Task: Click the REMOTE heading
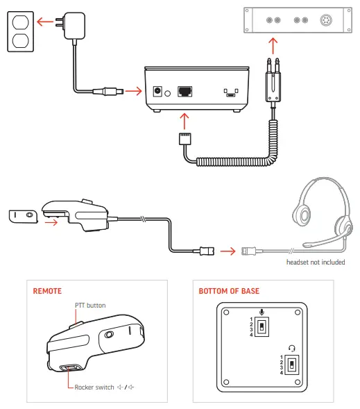coord(48,292)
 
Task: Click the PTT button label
coord(90,306)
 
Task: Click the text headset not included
coord(316,262)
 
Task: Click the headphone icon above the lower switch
coord(291,350)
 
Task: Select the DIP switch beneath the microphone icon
coord(261,326)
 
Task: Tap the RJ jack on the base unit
coord(187,92)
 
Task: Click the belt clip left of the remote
coord(24,216)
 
